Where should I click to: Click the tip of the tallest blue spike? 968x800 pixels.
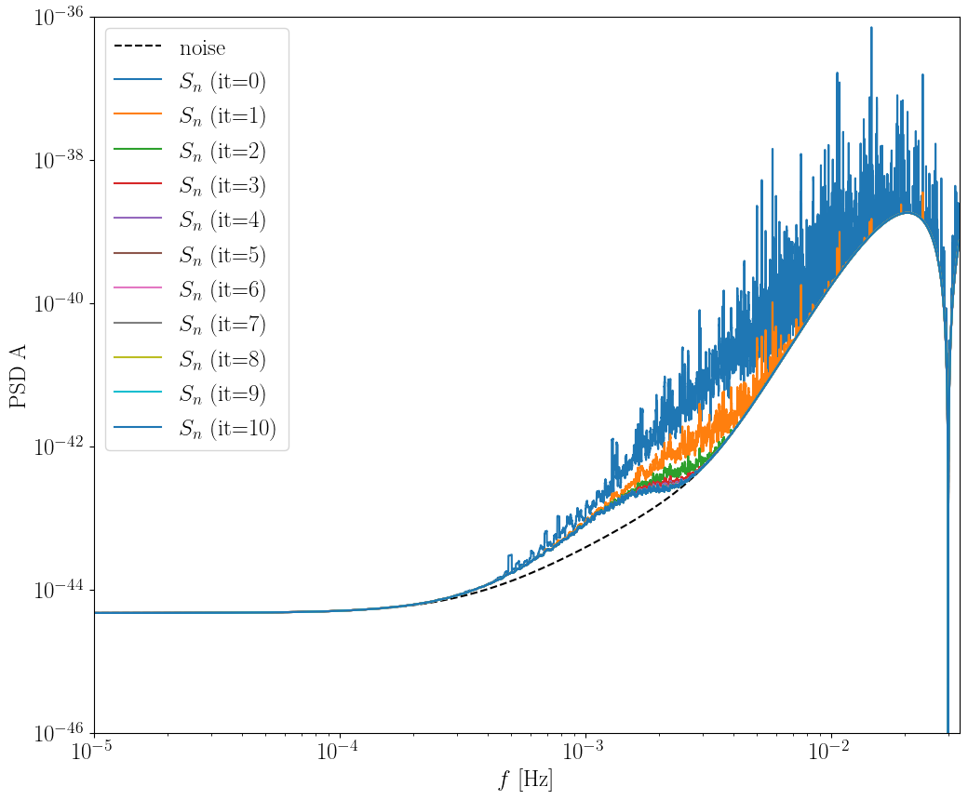[x=871, y=28]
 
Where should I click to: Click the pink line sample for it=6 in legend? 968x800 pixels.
[x=138, y=289]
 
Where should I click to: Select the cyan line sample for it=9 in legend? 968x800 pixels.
[x=138, y=393]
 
